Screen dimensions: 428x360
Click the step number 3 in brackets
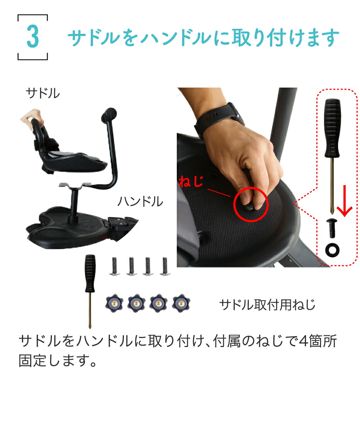click(32, 37)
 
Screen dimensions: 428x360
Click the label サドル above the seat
click(42, 94)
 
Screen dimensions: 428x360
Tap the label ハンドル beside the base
click(140, 202)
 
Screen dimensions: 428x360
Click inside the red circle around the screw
click(251, 204)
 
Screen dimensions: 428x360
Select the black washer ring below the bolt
click(332, 250)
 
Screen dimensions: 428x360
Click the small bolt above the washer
click(332, 229)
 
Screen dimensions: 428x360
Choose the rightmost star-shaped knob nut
click(181, 304)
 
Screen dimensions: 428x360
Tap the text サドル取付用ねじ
click(267, 305)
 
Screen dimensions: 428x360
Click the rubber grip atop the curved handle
click(110, 115)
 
